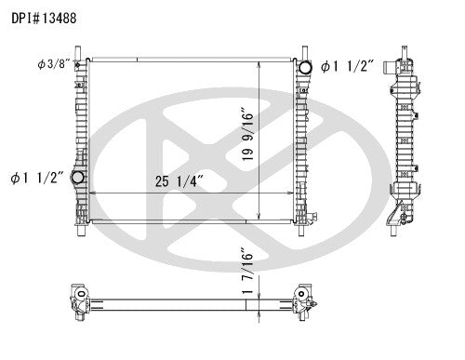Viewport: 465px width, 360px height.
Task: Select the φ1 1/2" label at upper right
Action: (350, 66)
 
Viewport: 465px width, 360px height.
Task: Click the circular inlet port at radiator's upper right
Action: (302, 67)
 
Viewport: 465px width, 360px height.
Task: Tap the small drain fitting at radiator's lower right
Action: (314, 220)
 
